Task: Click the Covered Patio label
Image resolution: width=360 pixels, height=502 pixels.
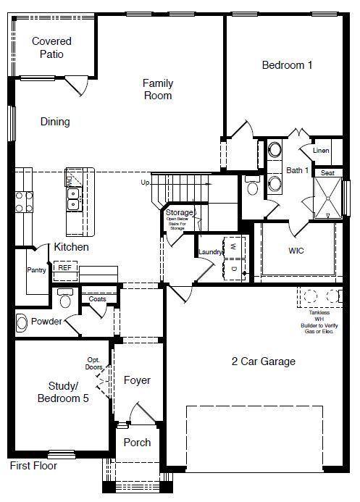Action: pyautogui.click(x=51, y=48)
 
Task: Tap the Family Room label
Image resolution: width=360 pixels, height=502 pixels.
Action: pyautogui.click(x=157, y=89)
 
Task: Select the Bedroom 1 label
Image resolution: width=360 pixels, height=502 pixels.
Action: pyautogui.click(x=287, y=65)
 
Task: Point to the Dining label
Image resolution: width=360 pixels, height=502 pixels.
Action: pyautogui.click(x=55, y=122)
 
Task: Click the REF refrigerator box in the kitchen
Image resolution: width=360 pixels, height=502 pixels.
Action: pyautogui.click(x=65, y=268)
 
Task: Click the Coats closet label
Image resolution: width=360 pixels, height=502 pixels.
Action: pyautogui.click(x=97, y=298)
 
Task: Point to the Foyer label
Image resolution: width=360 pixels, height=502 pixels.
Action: pyautogui.click(x=137, y=380)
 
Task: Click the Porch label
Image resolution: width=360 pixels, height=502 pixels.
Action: pyautogui.click(x=137, y=443)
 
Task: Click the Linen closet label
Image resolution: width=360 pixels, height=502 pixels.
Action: pyautogui.click(x=321, y=151)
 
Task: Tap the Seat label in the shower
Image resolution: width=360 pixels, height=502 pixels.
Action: pyautogui.click(x=327, y=173)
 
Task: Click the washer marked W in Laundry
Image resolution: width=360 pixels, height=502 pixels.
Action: pyautogui.click(x=234, y=246)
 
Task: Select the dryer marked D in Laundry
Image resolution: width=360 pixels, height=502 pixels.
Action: pyautogui.click(x=234, y=269)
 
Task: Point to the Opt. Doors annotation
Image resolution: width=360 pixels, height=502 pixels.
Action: pyautogui.click(x=93, y=364)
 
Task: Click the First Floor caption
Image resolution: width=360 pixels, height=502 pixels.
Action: pyautogui.click(x=33, y=466)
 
